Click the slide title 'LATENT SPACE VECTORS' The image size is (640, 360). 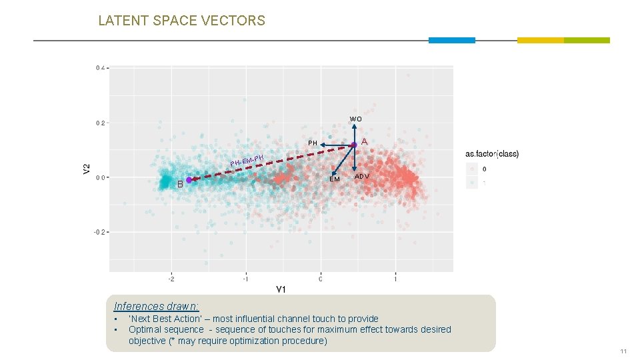point(181,21)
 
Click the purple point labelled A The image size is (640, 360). point(355,145)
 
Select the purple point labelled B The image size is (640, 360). point(189,180)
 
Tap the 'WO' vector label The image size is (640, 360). point(356,119)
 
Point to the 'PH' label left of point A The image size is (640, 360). point(313,143)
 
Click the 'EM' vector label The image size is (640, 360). point(335,179)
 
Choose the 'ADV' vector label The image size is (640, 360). point(362,177)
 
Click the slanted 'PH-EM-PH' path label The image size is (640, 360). point(247,160)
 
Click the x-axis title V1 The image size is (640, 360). point(281,289)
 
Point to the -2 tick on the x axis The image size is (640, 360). point(171,279)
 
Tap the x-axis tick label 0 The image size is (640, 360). point(321,279)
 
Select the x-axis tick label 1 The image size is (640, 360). point(395,279)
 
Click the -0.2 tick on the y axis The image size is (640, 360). point(100,232)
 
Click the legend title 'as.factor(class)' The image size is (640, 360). point(492,154)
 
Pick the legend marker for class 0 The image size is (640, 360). point(472,169)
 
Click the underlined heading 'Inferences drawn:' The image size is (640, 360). point(156,307)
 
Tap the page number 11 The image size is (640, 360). point(623,351)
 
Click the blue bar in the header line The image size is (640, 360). point(451,40)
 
